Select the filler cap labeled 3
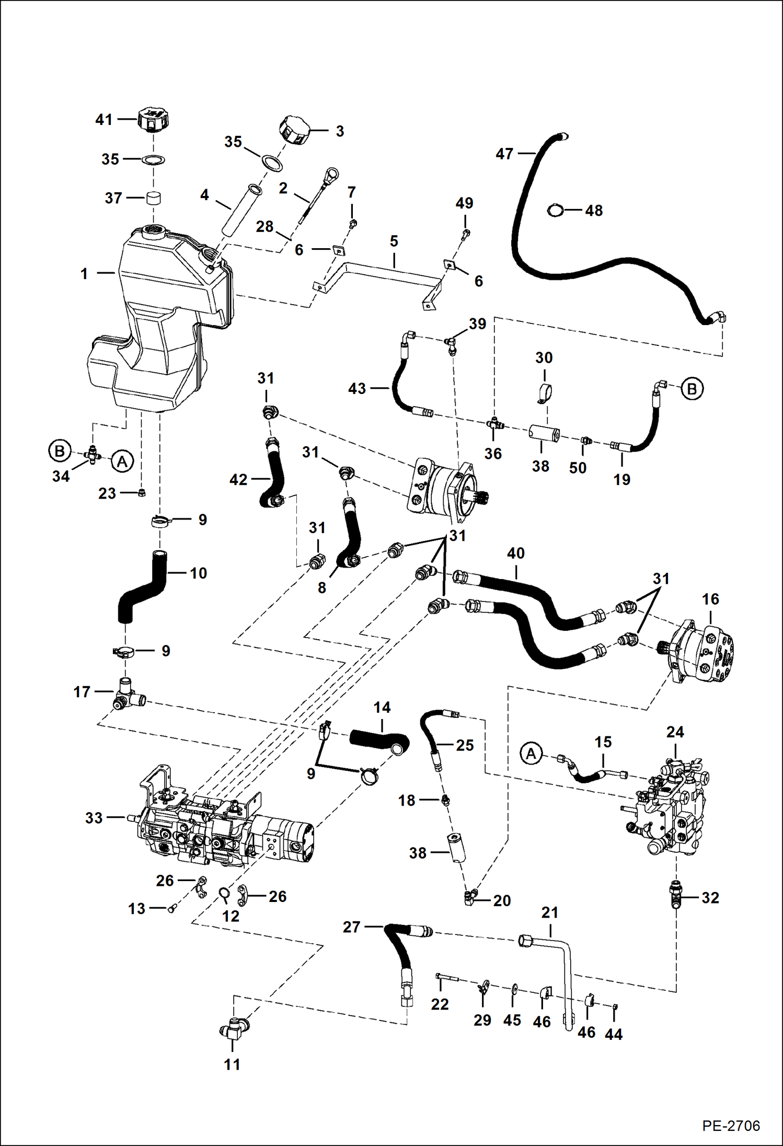click(294, 130)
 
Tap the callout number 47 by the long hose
click(504, 154)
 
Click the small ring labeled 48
click(555, 211)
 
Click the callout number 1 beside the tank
click(84, 273)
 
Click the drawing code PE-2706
click(731, 1125)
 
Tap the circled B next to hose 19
click(692, 389)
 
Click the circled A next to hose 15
click(531, 754)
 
